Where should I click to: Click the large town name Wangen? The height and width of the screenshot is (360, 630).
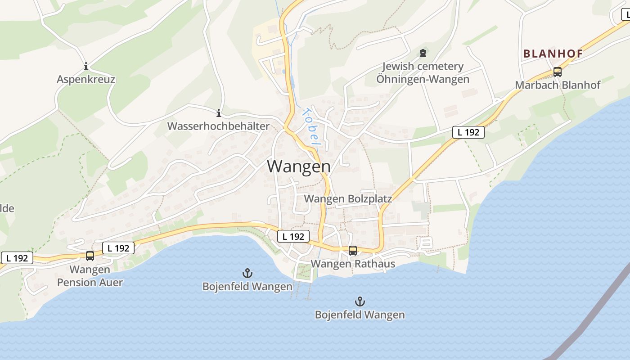299,166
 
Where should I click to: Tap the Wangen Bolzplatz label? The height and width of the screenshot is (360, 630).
348,199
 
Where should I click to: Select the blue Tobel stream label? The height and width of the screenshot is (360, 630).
310,127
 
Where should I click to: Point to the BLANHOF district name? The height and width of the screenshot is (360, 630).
553,54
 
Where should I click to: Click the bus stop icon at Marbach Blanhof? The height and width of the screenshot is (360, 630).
558,72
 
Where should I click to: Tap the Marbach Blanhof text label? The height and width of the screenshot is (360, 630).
558,85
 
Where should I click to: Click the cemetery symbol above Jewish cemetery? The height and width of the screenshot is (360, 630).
423,53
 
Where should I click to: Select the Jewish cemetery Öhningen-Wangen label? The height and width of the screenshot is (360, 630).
423,73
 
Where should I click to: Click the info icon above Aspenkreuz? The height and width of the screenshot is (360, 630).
86,67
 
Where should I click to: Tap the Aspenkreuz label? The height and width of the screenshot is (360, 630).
86,80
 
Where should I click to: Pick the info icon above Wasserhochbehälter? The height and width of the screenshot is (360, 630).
219,113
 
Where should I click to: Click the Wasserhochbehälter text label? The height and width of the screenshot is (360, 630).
219,126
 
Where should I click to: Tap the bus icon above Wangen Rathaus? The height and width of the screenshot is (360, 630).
353,251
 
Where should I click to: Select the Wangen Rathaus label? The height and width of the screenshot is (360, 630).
353,264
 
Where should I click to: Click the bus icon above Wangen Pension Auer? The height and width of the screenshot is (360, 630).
90,256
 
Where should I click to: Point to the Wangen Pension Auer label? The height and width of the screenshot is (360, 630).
90,276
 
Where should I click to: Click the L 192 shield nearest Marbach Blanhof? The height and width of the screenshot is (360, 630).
468,132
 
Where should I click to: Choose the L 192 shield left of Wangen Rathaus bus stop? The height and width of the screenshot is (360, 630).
293,236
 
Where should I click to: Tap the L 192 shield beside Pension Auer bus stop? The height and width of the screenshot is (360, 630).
118,248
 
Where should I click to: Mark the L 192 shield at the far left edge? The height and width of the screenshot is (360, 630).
17,258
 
